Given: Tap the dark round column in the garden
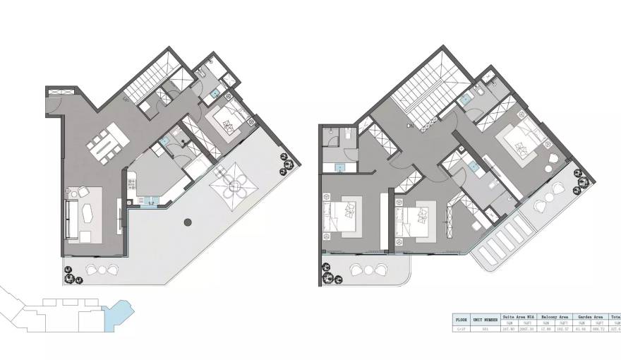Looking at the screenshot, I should pos(187,223).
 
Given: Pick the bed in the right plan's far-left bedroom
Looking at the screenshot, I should pos(346,213).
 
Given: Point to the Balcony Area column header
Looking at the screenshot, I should pos(555,317).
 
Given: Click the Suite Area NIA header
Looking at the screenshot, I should pos(519,317).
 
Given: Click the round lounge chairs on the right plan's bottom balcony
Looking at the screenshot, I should pos(369,270).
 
